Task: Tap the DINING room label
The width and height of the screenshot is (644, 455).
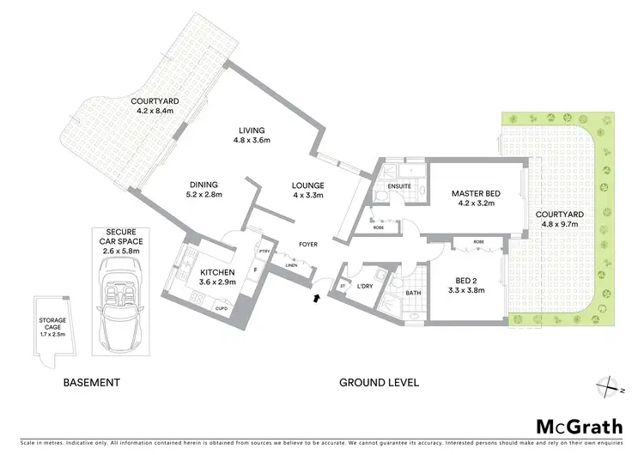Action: pos(204,184)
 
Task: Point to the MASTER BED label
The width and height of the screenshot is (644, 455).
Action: pos(476,194)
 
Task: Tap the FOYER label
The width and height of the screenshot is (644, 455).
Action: pos(307,245)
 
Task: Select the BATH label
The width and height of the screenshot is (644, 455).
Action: pos(413,293)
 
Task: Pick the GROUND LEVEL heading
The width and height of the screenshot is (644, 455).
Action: pos(379,383)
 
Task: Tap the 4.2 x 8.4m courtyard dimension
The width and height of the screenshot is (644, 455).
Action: pos(153,111)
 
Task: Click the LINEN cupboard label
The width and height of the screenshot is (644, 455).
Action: pos(291,266)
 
